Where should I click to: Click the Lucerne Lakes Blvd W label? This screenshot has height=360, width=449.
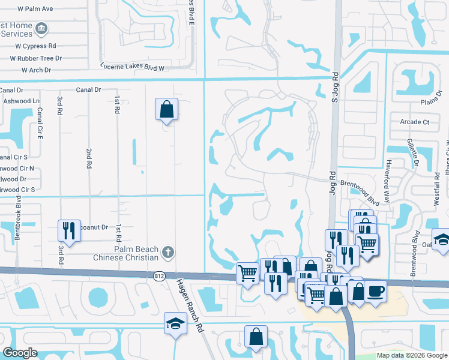pos(132,68)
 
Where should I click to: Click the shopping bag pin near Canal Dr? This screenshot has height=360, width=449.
pos(166,110)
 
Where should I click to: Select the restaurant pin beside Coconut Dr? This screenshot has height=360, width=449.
pos(69,230)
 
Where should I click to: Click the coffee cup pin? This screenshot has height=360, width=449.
pos(376,292)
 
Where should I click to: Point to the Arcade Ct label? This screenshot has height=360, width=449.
pos(414,122)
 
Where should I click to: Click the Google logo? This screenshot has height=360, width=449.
pos(20,353)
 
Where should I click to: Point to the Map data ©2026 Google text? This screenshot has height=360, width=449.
pos(412,355)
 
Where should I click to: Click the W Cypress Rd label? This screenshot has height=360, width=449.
pos(35,46)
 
